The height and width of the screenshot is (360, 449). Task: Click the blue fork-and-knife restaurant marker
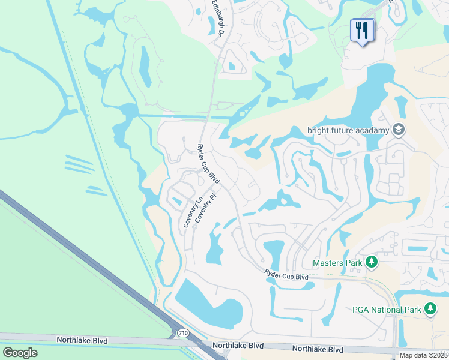(361, 31)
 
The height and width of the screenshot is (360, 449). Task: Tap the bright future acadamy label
(348, 130)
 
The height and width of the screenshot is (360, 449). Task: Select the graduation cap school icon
(398, 130)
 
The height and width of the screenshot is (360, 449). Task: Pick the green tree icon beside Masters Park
(372, 262)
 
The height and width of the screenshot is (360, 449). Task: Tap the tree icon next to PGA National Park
(430, 309)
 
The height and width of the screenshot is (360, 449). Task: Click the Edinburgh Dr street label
(218, 18)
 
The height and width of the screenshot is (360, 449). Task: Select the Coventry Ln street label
(191, 214)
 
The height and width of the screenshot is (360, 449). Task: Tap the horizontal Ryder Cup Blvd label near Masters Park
(286, 275)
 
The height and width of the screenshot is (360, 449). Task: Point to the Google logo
(20, 352)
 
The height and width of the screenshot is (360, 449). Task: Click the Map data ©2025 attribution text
(423, 355)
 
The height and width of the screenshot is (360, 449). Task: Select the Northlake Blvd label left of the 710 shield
(82, 340)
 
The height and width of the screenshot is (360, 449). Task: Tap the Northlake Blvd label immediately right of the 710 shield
(239, 346)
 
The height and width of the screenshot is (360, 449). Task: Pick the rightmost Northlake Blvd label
(318, 349)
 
